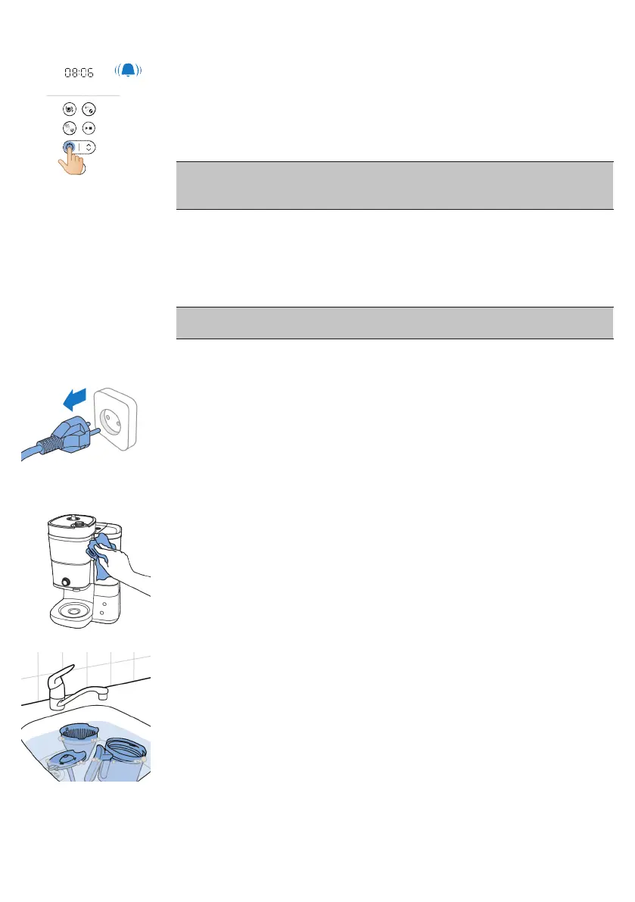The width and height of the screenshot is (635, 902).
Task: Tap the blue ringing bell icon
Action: point(129,71)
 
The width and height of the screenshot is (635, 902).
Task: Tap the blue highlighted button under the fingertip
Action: point(69,147)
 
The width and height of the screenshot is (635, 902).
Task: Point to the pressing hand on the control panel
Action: point(72,161)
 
